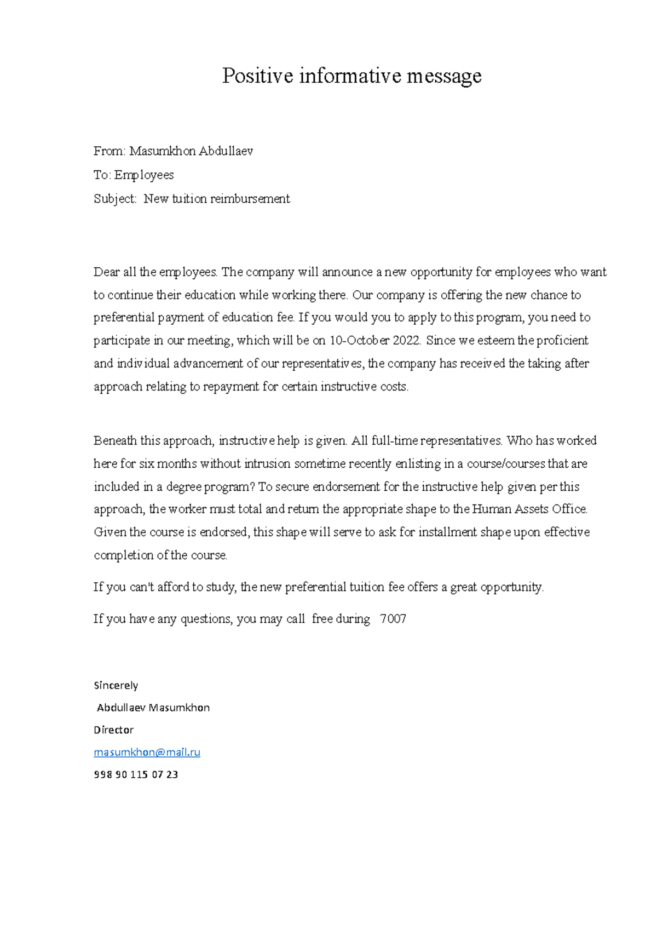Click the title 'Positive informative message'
(x=351, y=76)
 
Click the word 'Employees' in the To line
(x=144, y=175)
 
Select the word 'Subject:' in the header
(x=115, y=199)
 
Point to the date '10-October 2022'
(x=375, y=341)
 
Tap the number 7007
(x=393, y=619)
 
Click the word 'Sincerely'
(x=116, y=685)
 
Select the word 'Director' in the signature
(x=114, y=730)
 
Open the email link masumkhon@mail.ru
(x=147, y=753)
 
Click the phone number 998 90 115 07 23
(x=136, y=774)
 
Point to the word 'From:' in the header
(x=109, y=151)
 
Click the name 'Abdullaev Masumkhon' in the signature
(x=153, y=708)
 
